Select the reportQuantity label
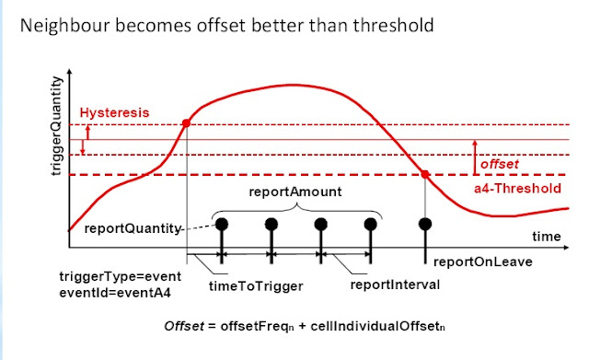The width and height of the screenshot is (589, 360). click(x=129, y=228)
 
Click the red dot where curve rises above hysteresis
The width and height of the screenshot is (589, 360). click(x=188, y=123)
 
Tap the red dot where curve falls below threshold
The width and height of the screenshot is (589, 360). click(x=424, y=175)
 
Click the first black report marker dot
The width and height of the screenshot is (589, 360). click(x=222, y=223)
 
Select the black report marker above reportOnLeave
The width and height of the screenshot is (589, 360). click(x=424, y=223)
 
